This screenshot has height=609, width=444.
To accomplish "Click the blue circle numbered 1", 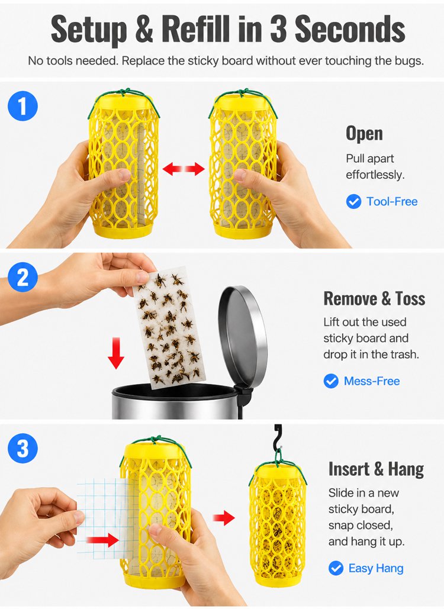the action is click(22, 106).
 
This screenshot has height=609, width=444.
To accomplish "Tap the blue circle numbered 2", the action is click(22, 278).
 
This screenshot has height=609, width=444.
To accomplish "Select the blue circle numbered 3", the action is click(22, 448).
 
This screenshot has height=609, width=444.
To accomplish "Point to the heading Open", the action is click(364, 134).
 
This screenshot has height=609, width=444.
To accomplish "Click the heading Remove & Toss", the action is click(374, 298).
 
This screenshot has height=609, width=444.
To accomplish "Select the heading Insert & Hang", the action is click(376, 469).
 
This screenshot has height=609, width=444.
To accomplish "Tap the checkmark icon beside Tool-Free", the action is click(353, 202).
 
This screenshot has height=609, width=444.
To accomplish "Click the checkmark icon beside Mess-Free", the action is click(331, 381).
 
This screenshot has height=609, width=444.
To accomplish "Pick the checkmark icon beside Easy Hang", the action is click(336, 568).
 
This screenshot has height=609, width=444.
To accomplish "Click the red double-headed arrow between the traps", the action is click(184, 169).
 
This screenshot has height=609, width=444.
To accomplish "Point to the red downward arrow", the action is click(116, 353).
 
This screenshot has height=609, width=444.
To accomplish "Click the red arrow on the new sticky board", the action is click(102, 540).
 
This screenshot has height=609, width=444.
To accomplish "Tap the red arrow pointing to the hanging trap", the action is click(224, 518).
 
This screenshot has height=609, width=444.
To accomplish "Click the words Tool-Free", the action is click(392, 202).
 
